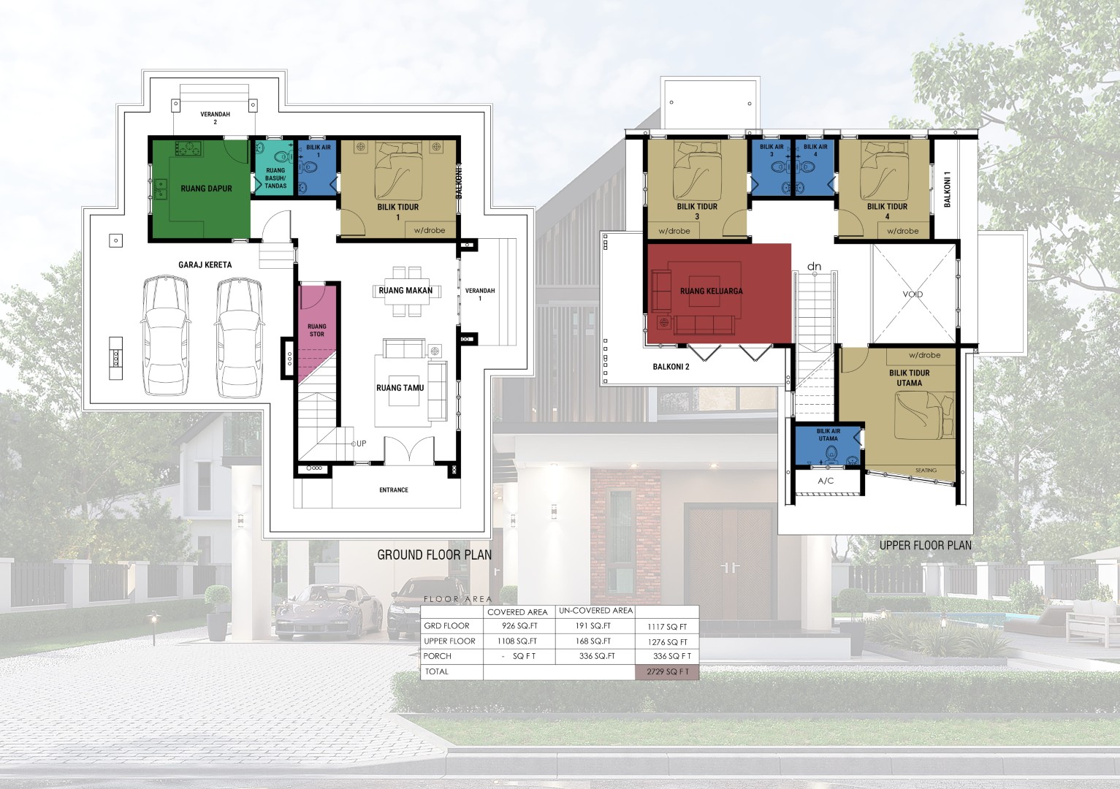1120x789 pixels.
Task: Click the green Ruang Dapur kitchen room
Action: click(x=200, y=189)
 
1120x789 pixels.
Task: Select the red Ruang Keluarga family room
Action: click(x=719, y=293)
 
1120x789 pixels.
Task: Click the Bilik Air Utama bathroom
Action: click(x=828, y=445)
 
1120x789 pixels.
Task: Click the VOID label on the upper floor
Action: click(x=913, y=294)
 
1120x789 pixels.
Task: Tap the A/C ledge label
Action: click(x=826, y=481)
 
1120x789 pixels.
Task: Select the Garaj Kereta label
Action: click(x=205, y=264)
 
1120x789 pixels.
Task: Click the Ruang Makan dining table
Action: click(x=405, y=291)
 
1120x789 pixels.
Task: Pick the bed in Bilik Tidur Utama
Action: click(x=924, y=416)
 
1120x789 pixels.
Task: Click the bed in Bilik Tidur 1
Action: click(x=398, y=172)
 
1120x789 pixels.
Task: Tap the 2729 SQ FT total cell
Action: click(x=667, y=671)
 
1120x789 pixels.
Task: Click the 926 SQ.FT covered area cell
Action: click(x=519, y=626)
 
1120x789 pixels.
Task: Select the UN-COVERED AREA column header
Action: click(x=595, y=611)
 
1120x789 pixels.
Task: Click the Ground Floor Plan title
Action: click(x=435, y=554)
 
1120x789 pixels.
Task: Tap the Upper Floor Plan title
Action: click(x=926, y=545)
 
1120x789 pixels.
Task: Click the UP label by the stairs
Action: click(x=361, y=443)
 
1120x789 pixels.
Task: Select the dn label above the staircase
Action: click(x=814, y=267)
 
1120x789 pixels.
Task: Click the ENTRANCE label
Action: click(x=394, y=490)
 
